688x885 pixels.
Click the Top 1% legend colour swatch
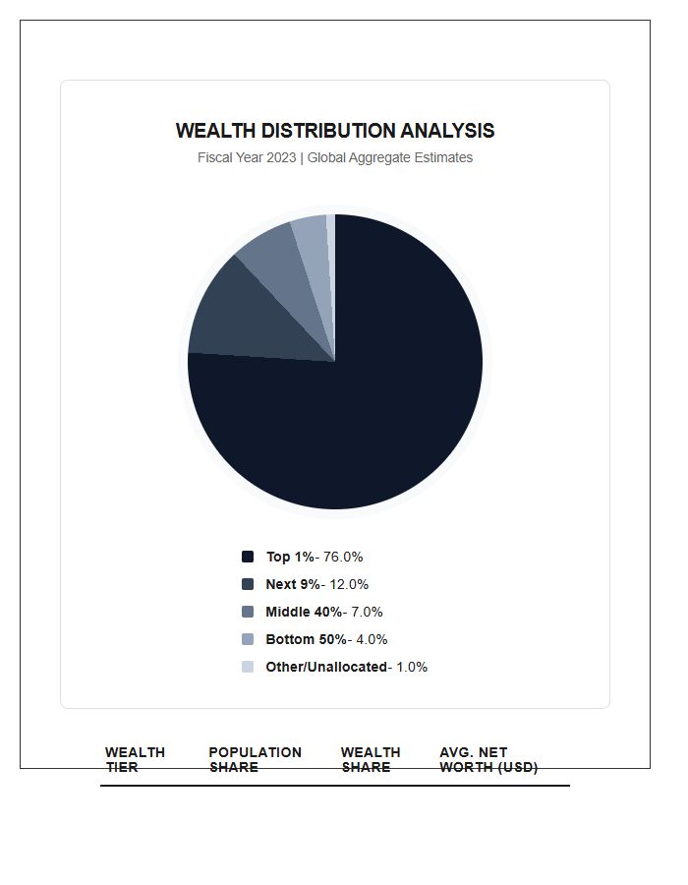248,557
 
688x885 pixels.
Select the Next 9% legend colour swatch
248,584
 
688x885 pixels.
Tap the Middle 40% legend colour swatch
248,612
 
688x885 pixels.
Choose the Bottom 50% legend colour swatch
248,639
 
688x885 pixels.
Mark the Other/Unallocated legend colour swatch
248,667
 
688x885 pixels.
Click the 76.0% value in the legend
343,557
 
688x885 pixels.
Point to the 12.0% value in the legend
349,584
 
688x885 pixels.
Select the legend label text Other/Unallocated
326,667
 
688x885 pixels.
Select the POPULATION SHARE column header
255,759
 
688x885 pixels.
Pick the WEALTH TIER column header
135,759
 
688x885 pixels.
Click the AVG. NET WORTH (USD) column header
487,759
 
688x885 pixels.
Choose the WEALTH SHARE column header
371,759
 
